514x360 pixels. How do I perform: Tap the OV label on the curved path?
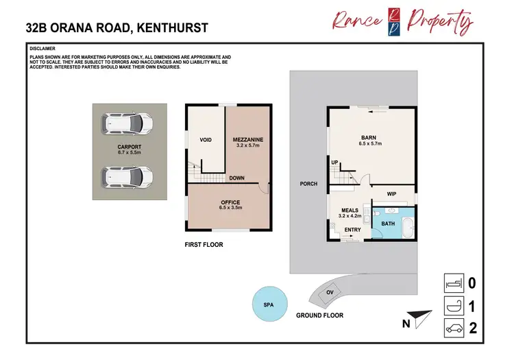point(330,292)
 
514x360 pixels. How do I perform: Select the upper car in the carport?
point(127,123)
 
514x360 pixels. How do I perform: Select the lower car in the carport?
point(127,177)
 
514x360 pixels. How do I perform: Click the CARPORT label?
point(129,147)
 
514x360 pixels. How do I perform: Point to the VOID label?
point(206,140)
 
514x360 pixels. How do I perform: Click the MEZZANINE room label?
point(248,140)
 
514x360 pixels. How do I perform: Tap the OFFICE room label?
point(230,202)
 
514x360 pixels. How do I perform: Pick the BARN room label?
point(370,137)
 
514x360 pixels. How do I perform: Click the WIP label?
point(393,193)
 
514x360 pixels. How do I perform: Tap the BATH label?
point(388,224)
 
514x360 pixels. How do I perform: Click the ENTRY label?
point(352,230)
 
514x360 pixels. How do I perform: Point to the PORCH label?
point(308,184)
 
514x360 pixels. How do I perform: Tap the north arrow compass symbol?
point(419,319)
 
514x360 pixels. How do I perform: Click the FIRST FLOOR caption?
point(204,244)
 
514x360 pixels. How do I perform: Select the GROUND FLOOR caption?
point(320,315)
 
